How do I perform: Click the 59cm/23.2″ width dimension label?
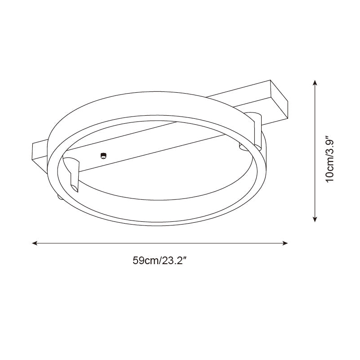click(160, 261)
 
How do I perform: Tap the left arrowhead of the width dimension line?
click(34, 243)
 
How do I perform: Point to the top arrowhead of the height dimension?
click(316, 83)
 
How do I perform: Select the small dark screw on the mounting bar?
click(103, 155)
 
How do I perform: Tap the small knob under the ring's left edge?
click(59, 197)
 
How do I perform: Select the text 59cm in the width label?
click(144, 261)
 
